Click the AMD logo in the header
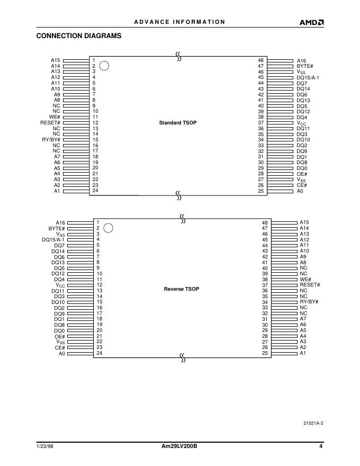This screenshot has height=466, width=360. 312,22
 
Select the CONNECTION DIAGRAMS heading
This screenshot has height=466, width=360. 79,36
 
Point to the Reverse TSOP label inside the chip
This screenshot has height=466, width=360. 182,289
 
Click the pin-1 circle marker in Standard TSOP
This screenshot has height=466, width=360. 105,66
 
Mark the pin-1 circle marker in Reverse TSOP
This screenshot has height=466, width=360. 108,228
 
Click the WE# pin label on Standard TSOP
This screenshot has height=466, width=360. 55,117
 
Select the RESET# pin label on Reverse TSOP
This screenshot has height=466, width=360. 310,285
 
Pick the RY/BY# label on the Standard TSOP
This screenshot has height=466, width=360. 51,140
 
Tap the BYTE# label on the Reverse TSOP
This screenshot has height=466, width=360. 57,228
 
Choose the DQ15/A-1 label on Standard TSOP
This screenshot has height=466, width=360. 308,77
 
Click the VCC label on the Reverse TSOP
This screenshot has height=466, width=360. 60,285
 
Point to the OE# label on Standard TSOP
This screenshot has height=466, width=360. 302,174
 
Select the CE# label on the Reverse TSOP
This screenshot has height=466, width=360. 59,347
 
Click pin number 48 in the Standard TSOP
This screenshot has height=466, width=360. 260,60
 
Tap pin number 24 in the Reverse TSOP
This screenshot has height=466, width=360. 98,353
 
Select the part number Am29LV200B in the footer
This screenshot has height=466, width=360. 179,446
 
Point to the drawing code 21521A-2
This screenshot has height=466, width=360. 313,423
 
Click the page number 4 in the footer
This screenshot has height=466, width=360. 321,446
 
